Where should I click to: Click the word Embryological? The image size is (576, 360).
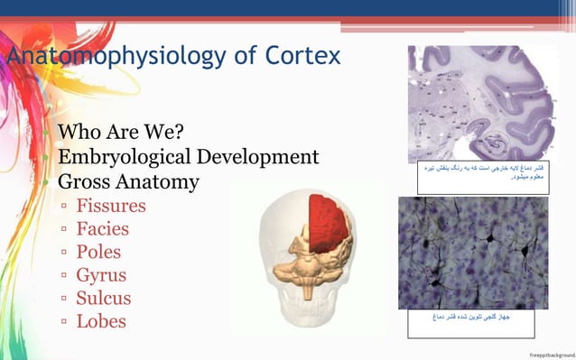pos(126,158)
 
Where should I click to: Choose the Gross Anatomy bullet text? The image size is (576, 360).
pos(128,181)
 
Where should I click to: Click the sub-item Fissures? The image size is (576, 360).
pos(110,206)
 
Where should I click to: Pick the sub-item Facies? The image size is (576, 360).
pos(102,229)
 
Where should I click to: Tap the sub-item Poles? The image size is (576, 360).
pos(98,252)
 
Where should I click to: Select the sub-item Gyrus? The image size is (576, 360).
pos(101,275)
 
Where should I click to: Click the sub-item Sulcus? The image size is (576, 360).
pos(104,298)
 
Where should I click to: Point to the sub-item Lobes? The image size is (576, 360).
pos(101,321)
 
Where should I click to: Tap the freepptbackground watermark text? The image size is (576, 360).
pos(552,354)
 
